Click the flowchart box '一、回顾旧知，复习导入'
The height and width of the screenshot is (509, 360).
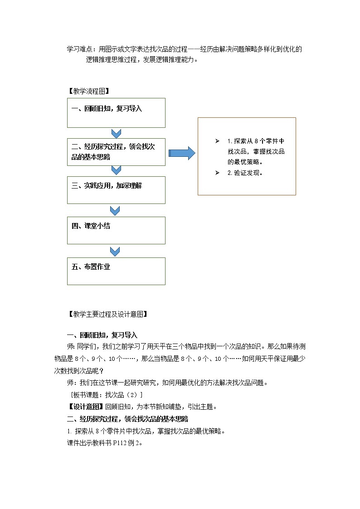tap(116, 112)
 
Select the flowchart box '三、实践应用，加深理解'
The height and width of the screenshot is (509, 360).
tap(116, 189)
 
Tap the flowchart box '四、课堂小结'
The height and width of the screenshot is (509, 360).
tap(116, 230)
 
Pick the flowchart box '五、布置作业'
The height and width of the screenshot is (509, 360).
tap(116, 271)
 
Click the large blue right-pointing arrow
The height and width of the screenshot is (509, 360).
tap(181, 154)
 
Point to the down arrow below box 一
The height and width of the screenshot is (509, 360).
tap(116, 133)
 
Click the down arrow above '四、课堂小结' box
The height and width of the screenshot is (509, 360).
tap(115, 210)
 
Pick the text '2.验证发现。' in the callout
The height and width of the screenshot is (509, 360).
tap(245, 173)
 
